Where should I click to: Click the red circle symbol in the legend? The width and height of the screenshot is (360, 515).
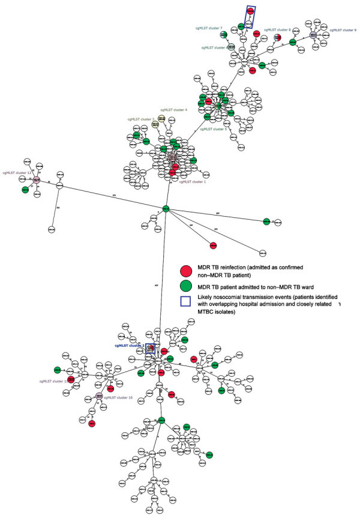click(187, 271)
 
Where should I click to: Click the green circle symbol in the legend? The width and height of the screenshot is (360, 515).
click(187, 290)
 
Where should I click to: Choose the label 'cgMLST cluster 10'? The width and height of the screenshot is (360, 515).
click(118, 397)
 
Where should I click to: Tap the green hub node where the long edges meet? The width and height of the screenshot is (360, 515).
click(166, 209)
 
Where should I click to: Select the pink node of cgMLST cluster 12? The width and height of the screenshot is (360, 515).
click(37, 179)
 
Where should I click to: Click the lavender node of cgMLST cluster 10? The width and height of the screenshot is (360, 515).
click(98, 396)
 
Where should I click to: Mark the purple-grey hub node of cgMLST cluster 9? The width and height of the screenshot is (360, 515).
click(313, 35)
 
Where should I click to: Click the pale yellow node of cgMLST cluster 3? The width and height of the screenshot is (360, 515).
click(155, 125)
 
